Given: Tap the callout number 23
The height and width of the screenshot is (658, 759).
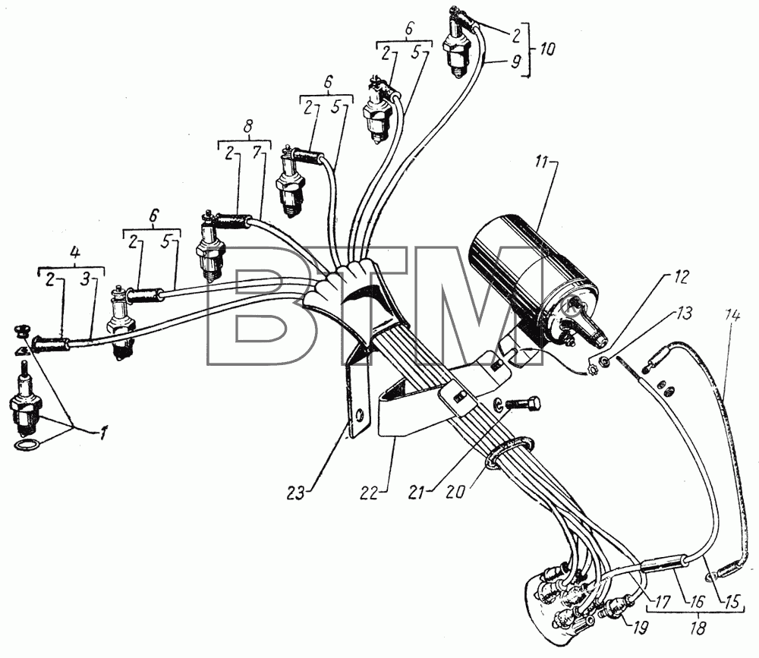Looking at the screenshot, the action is point(295,493).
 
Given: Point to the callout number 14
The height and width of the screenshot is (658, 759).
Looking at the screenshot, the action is point(732,316).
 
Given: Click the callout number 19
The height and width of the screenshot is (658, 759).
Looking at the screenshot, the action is point(639,628).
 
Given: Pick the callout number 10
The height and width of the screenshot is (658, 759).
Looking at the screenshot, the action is point(547,49).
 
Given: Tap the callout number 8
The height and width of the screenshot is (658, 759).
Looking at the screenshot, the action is point(247,127).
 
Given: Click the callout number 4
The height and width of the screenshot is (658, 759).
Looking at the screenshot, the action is point(75,252).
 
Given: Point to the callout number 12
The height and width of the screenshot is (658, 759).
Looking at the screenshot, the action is point(681,278).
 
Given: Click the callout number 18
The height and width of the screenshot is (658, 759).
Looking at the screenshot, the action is point(698,628).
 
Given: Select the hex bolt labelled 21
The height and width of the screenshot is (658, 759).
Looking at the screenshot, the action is point(522,403).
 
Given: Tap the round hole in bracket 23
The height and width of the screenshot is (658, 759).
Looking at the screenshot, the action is point(359,415).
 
